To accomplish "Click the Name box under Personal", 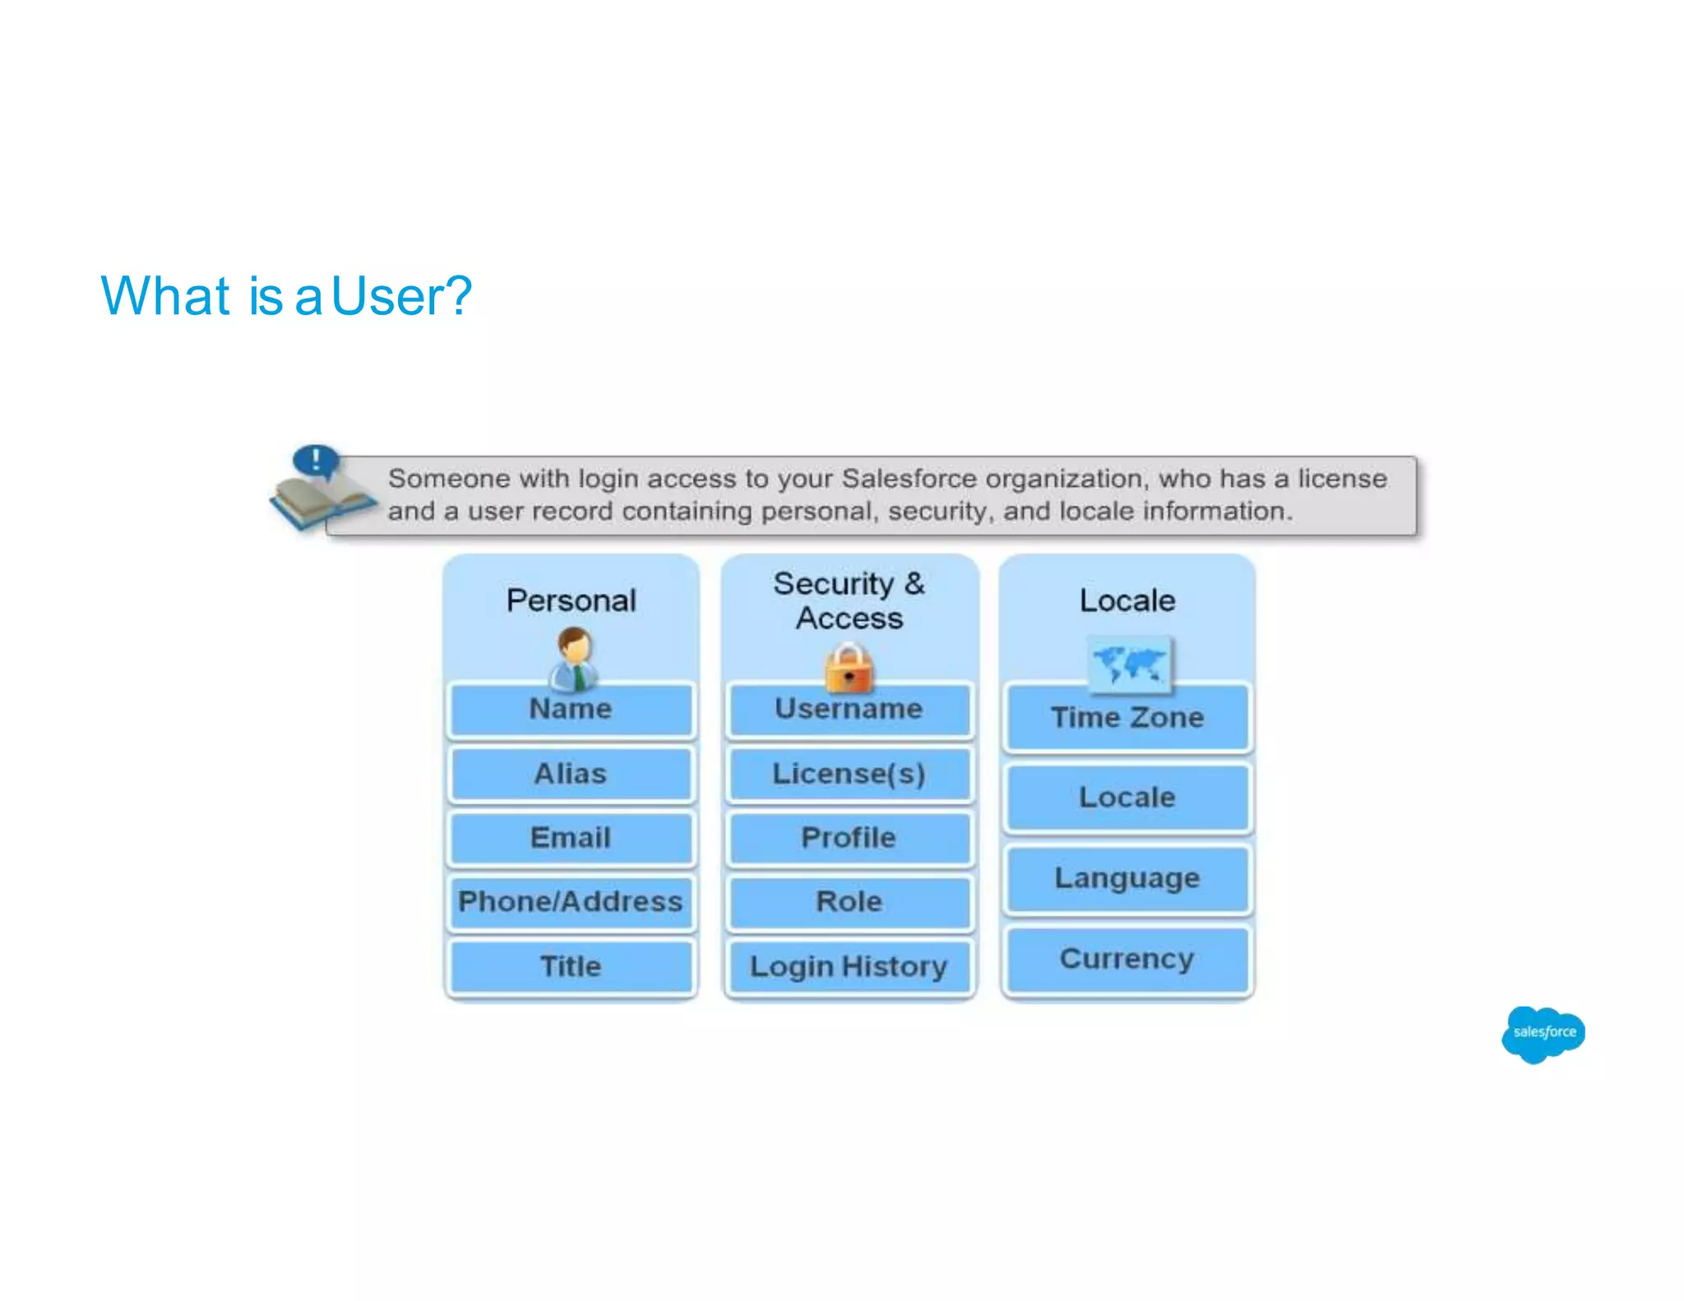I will pyautogui.click(x=571, y=709).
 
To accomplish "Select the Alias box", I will pyautogui.click(x=571, y=774).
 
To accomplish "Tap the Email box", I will pyautogui.click(x=571, y=838).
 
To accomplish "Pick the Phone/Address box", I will pyautogui.click(x=571, y=902).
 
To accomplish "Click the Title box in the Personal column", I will pyautogui.click(x=571, y=966).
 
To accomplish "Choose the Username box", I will pyautogui.click(x=849, y=709).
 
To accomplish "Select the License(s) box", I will pyautogui.click(x=849, y=774).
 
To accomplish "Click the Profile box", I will pyautogui.click(x=849, y=838).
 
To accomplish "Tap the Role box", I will pyautogui.click(x=849, y=902).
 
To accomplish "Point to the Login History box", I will pyautogui.click(x=849, y=966).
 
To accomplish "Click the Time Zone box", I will pyautogui.click(x=1127, y=717).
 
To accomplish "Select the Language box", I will pyautogui.click(x=1127, y=878).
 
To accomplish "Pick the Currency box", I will pyautogui.click(x=1127, y=959).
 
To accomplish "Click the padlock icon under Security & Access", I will pyautogui.click(x=849, y=668).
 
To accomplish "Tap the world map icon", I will pyautogui.click(x=1128, y=664).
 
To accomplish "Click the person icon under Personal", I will pyautogui.click(x=574, y=657).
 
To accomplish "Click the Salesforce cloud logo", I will pyautogui.click(x=1543, y=1034).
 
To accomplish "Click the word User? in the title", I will pyautogui.click(x=401, y=296).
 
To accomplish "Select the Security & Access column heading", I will pyautogui.click(x=849, y=600).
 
